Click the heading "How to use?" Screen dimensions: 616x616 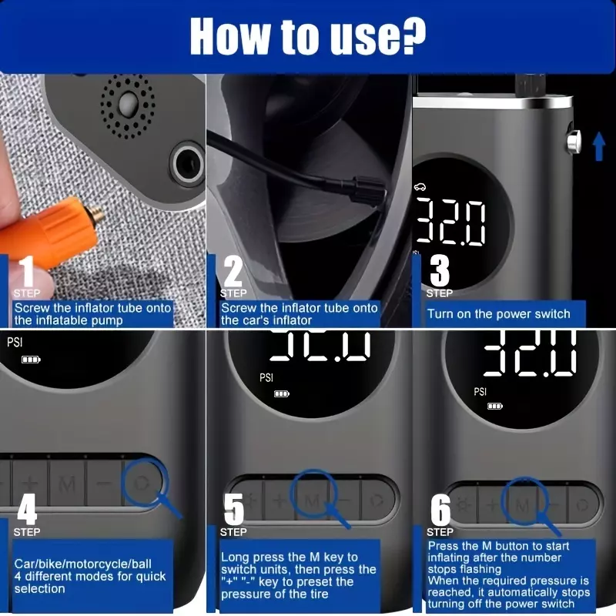[307, 36]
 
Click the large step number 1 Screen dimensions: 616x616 [27, 271]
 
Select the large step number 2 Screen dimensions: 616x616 [233, 271]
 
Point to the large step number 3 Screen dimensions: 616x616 [440, 271]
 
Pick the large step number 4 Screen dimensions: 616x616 [27, 509]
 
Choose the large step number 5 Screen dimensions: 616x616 [234, 509]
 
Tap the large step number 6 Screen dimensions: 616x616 [440, 510]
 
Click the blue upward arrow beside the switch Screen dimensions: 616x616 [599, 146]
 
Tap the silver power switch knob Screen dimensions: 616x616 [574, 142]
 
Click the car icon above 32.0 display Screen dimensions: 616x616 [420, 186]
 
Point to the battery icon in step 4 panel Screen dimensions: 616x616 [31, 360]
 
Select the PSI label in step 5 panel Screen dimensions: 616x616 [266, 377]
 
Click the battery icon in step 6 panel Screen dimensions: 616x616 [495, 406]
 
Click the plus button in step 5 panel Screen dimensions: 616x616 [280, 500]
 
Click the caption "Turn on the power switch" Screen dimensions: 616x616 [498, 314]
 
